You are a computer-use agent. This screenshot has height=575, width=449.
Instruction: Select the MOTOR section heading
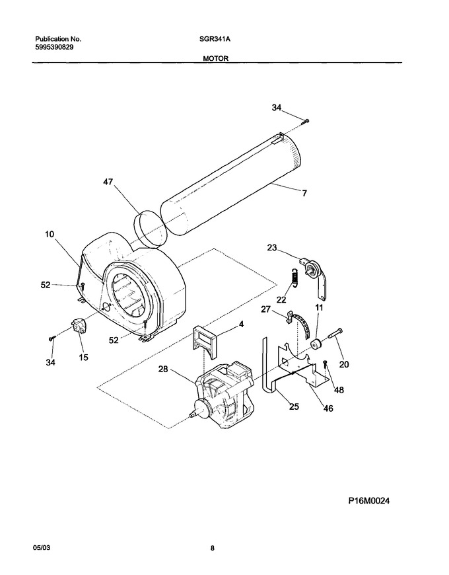[216, 59]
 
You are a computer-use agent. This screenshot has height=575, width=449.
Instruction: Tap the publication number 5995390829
[54, 47]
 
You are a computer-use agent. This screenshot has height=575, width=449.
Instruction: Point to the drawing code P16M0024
[369, 500]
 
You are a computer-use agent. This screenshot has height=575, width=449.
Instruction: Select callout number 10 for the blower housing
[50, 234]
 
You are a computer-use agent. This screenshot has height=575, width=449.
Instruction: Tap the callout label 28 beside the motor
[162, 369]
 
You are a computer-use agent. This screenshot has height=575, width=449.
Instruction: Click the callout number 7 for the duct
[304, 193]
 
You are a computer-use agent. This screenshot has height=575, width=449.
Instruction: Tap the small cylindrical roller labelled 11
[316, 345]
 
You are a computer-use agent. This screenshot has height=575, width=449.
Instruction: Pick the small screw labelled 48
[325, 364]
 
